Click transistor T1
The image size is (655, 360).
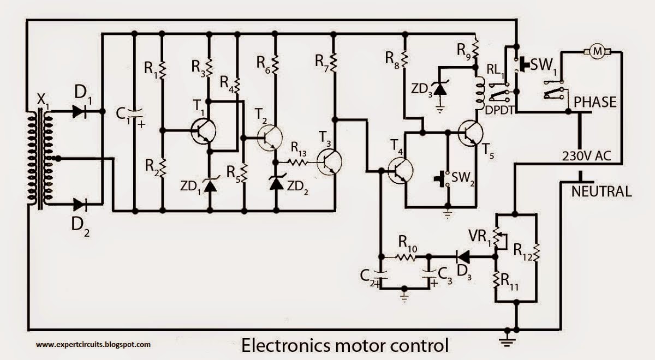point(204,131)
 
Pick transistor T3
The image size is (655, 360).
point(330,163)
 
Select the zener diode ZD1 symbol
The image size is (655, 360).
point(210,185)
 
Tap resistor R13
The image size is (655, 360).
point(297,162)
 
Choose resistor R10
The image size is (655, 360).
point(406,256)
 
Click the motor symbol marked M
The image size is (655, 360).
point(597,51)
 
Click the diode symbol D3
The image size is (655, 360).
point(462,255)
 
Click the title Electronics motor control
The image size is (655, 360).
point(345,345)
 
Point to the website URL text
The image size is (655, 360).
point(93,344)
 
